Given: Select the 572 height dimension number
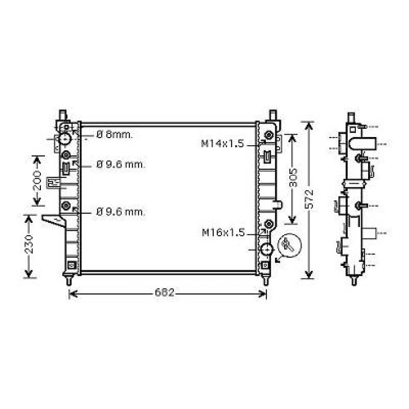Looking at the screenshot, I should tap(310, 199).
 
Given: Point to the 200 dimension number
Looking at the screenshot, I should tap(37, 180).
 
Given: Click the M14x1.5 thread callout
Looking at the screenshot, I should tap(222, 144).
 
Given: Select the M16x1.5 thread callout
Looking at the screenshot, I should tap(223, 233).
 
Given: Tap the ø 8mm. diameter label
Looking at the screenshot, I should tap(115, 135).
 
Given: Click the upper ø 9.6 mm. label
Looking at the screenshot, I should tap(121, 165).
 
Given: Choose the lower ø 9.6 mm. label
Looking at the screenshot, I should tap(121, 212).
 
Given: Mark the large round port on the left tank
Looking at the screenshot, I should tap(65, 139).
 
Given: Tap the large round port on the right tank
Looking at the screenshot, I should tap(267, 249).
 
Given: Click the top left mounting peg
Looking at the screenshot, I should tap(63, 114).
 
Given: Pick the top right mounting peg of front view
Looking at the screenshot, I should tap(273, 114).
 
